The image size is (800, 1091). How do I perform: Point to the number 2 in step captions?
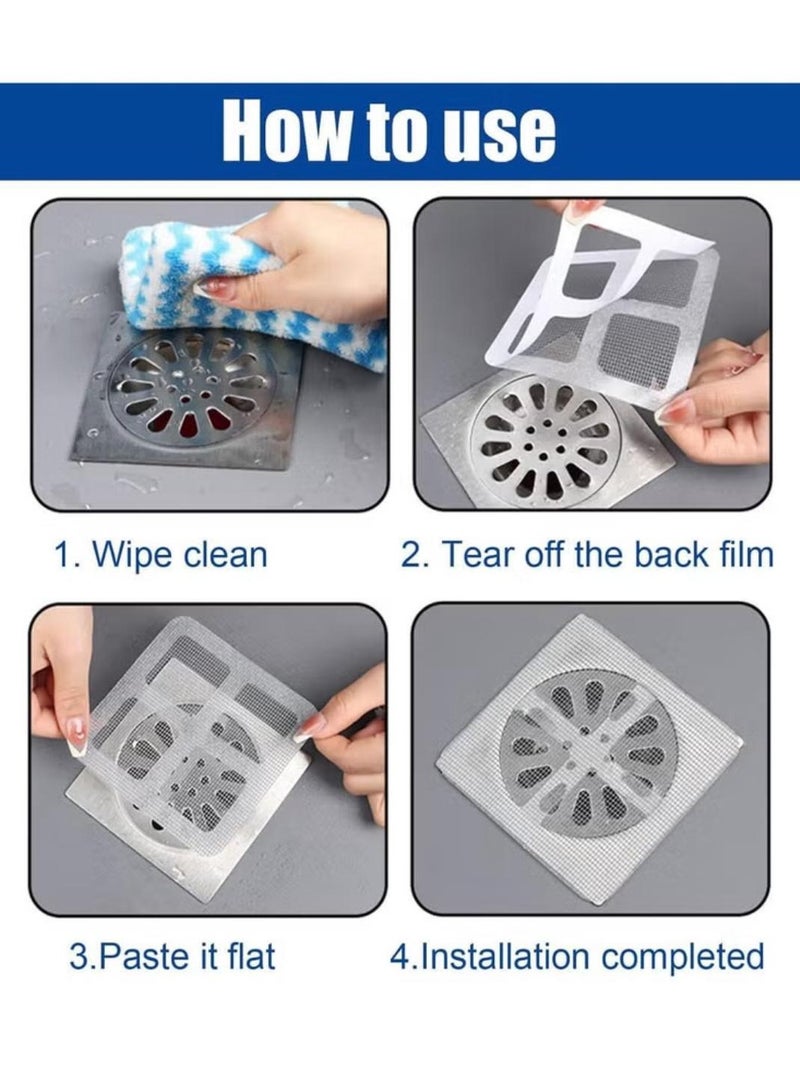pyautogui.click(x=410, y=555)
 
